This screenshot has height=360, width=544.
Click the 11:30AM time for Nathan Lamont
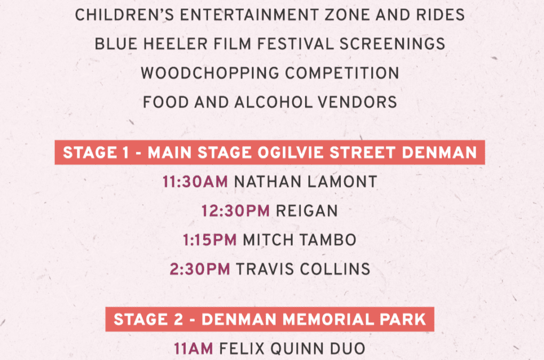click(x=195, y=182)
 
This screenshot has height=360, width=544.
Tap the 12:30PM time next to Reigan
click(x=236, y=211)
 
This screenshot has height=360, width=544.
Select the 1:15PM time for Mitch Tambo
click(x=210, y=240)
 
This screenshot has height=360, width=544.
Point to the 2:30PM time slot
click(x=200, y=269)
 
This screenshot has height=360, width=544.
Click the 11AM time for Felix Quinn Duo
click(x=194, y=349)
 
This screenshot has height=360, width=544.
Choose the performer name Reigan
click(x=307, y=211)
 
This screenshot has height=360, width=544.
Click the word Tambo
click(x=328, y=240)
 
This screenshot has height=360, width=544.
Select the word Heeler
click(x=175, y=44)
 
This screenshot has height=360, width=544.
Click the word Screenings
click(x=393, y=44)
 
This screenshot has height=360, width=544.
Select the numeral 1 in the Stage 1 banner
click(x=125, y=153)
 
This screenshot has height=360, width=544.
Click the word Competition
click(x=342, y=73)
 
